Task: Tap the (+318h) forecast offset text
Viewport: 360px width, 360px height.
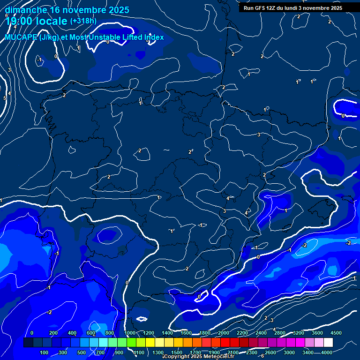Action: coord(83,21)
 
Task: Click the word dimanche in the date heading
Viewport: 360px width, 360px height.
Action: coord(26,10)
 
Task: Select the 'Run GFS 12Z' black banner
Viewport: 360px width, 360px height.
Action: coord(293,8)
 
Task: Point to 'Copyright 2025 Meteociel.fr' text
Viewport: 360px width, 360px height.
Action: coord(199,356)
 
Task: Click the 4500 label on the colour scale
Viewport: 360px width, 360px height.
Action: coord(336,333)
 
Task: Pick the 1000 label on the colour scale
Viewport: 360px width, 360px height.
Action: coord(130,333)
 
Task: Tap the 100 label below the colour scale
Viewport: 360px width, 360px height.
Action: coord(44,352)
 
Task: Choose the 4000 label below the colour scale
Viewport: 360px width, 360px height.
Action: coord(327,352)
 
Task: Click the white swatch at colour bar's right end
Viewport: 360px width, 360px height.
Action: coord(331,343)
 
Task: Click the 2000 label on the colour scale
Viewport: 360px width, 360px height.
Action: coord(224,333)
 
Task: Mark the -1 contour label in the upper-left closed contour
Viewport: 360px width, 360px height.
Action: coord(39,60)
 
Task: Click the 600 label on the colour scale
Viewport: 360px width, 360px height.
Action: coord(90,333)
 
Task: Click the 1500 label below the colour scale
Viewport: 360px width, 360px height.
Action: coord(177,352)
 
